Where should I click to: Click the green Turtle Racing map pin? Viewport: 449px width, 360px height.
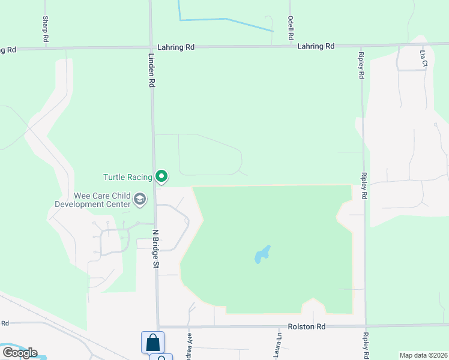pyautogui.click(x=161, y=176)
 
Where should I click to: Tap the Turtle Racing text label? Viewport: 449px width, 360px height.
pyautogui.click(x=128, y=177)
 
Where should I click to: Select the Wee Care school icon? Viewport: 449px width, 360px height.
pyautogui.click(x=140, y=199)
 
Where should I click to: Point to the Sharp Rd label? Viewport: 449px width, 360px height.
pyautogui.click(x=45, y=28)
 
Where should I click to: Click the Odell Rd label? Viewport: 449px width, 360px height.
pyautogui.click(x=291, y=28)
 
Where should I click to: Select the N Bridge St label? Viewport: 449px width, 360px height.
pyautogui.click(x=155, y=248)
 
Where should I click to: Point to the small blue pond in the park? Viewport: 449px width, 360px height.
pyautogui.click(x=262, y=254)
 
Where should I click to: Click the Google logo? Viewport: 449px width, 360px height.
pyautogui.click(x=20, y=352)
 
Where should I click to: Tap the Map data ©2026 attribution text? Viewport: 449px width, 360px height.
pyautogui.click(x=423, y=355)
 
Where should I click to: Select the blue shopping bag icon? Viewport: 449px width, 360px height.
pyautogui.click(x=152, y=343)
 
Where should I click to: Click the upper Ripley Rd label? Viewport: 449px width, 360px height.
pyautogui.click(x=361, y=66)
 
